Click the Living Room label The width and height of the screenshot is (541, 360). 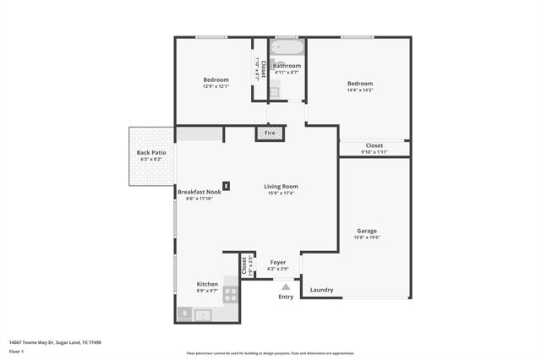click(281, 187)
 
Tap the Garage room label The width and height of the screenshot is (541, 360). click(367, 231)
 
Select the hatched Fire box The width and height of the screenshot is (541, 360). click(270, 134)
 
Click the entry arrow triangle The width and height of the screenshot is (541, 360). click(286, 287)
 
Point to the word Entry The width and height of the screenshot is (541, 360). click(286, 297)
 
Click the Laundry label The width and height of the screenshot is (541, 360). click(321, 290)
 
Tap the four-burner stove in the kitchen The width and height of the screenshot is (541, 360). click(230, 295)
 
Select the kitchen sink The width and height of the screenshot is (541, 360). click(203, 315)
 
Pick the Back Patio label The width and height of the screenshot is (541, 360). click(151, 153)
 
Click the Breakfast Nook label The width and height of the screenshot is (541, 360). click(199, 192)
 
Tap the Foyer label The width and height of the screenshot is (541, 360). click(278, 262)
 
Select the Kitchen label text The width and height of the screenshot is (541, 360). click(207, 284)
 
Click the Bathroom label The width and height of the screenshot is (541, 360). click(287, 66)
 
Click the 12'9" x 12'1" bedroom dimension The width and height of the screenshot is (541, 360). click(216, 86)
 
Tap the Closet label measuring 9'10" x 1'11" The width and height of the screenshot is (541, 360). click(374, 145)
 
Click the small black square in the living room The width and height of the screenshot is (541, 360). click(226, 186)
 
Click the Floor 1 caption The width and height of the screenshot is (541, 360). click(16, 351)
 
